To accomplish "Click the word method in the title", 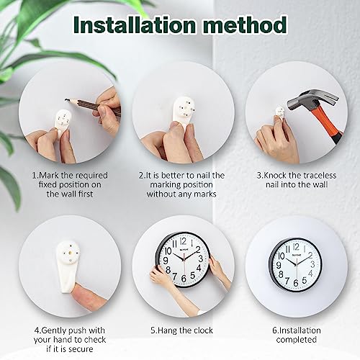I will pos(245,26).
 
